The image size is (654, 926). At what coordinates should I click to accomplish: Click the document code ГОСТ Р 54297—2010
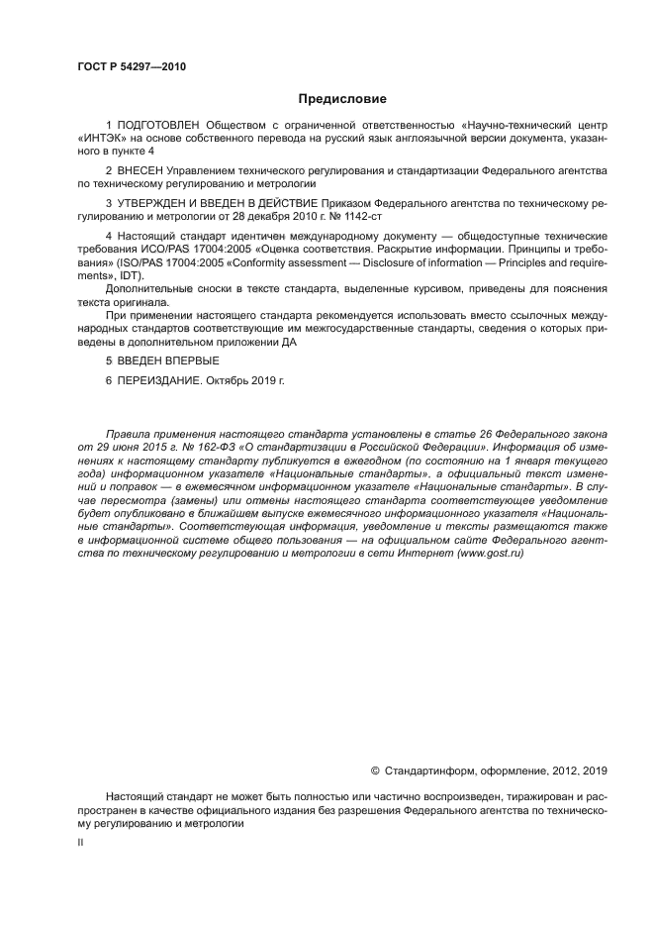pyautogui.click(x=131, y=67)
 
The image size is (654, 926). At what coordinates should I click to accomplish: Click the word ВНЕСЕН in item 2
pyautogui.click(x=144, y=171)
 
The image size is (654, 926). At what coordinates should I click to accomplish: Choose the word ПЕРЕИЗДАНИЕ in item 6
pyautogui.click(x=159, y=380)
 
